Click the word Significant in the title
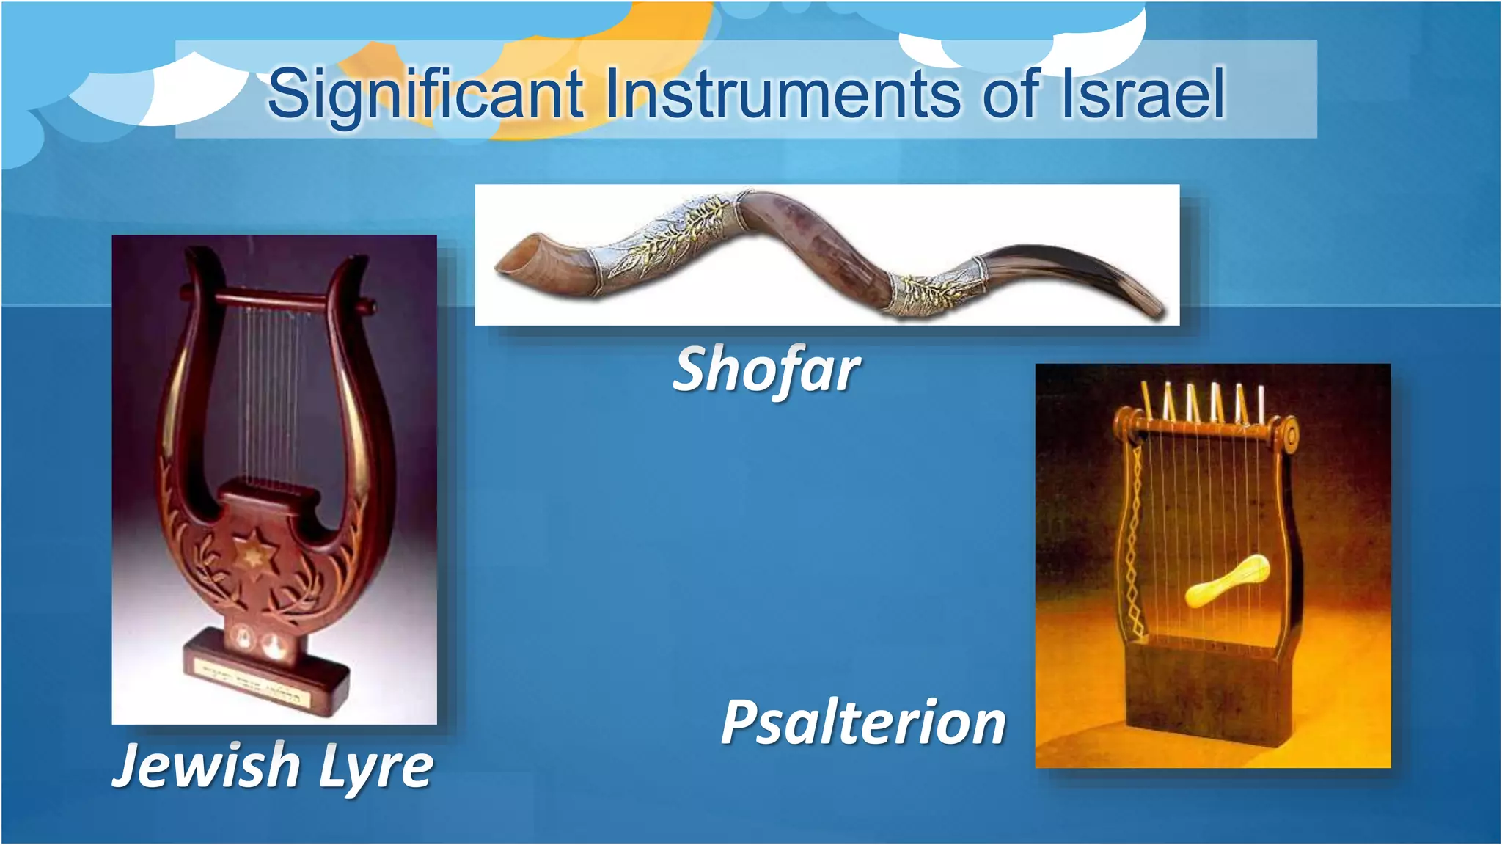[425, 94]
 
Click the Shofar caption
[766, 370]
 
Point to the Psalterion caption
[863, 723]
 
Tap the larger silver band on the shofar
[660, 235]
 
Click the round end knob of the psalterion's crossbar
[1290, 436]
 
